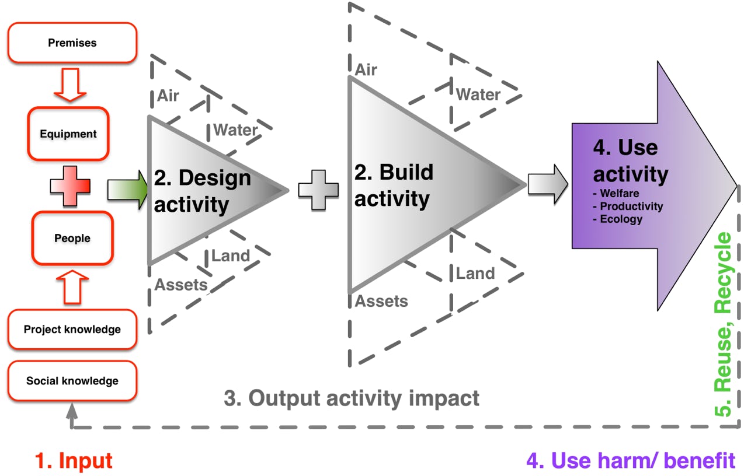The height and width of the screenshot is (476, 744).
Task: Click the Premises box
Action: pos(72,43)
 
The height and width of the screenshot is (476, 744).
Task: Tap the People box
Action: pos(72,238)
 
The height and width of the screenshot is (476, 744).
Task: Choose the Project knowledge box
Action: pos(72,330)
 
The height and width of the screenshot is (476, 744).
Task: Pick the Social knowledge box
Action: pos(72,381)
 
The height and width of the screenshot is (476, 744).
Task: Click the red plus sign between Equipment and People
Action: pos(70,186)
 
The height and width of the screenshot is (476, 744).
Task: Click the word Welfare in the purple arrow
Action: pos(620,194)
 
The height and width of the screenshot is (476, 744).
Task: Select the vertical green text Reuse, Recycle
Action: pos(724,324)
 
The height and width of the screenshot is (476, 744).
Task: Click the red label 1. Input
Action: pos(74,461)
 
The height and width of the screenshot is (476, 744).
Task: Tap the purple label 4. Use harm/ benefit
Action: pos(631,461)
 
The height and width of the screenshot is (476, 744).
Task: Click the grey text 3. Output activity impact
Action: pos(352,398)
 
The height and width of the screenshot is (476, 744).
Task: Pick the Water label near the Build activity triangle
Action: pos(478,94)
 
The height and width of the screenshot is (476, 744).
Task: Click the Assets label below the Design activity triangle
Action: pos(181,285)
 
